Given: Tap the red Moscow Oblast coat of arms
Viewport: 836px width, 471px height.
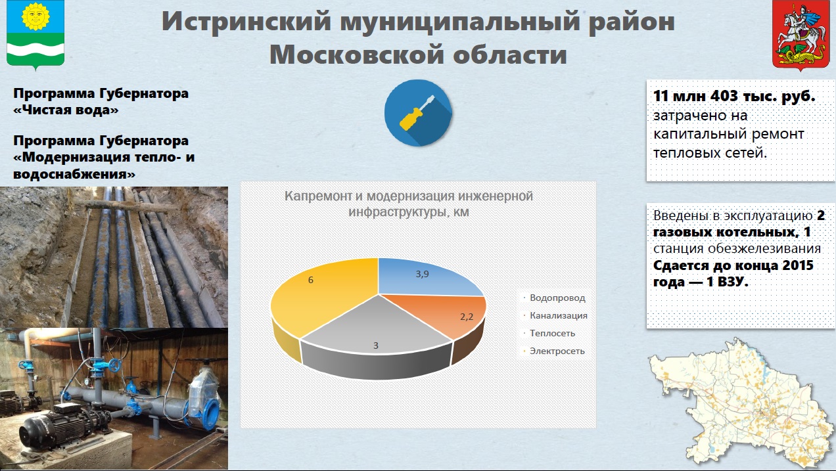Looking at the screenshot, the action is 801,35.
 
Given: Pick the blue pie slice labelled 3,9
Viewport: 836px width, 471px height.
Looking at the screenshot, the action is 425,277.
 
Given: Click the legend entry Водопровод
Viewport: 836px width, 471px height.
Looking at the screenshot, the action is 554,298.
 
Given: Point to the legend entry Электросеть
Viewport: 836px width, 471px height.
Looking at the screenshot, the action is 553,351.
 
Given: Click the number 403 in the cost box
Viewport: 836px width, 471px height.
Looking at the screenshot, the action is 724,96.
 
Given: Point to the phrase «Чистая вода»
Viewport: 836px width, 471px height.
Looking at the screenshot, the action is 66,110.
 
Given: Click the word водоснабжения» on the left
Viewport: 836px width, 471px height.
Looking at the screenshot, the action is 74,174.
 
